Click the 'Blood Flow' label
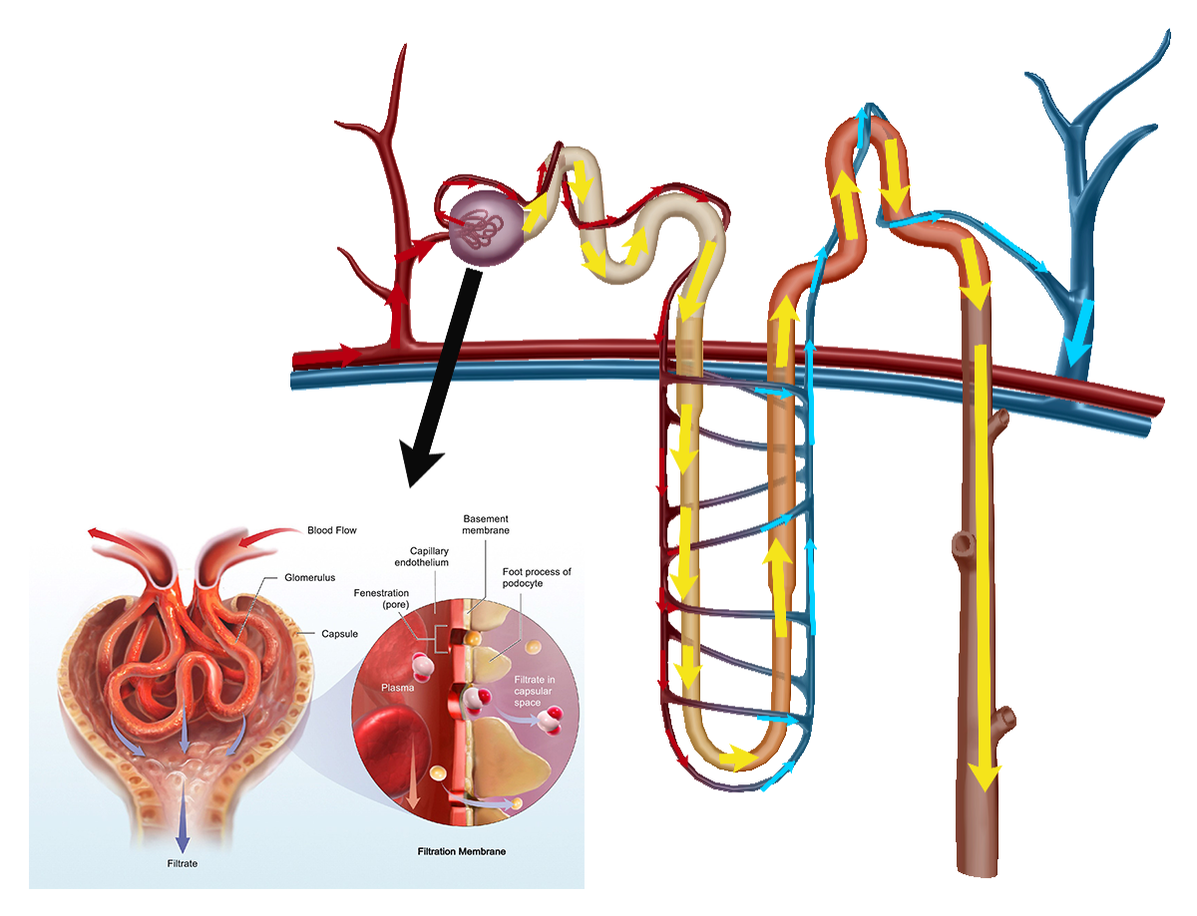point(331,530)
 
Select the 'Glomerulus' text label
point(309,578)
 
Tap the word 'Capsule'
point(339,634)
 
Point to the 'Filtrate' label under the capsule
point(183,864)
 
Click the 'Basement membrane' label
point(486,524)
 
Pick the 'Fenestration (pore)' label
point(381,599)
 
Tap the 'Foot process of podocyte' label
point(537,578)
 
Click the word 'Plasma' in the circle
point(397,688)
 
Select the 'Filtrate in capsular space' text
point(534,691)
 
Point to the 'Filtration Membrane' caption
point(461,851)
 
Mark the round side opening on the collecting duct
point(963,544)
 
